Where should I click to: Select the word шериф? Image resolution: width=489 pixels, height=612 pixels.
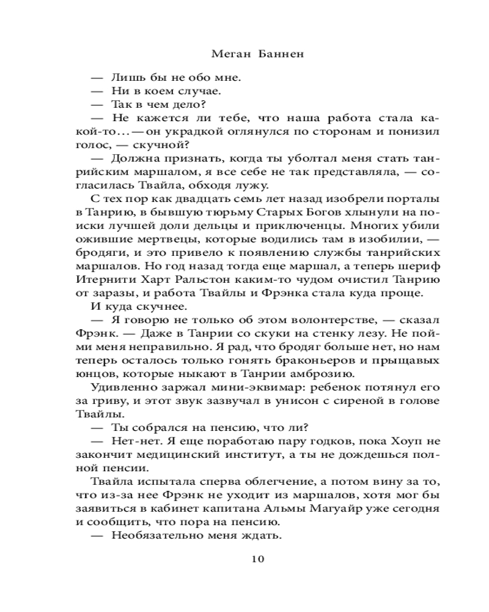(x=425, y=266)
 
